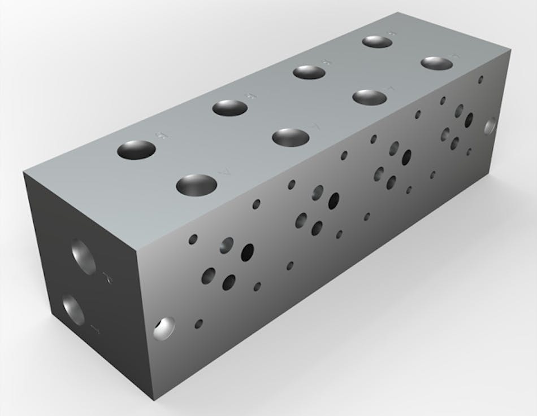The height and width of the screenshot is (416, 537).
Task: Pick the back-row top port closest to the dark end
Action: (x=137, y=151)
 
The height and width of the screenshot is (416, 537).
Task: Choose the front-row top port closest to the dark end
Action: (x=197, y=185)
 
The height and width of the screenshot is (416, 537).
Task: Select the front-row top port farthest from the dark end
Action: (x=437, y=63)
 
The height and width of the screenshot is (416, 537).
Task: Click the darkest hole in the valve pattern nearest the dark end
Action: (x=248, y=252)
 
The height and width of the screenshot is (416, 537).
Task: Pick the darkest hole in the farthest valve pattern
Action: (x=469, y=120)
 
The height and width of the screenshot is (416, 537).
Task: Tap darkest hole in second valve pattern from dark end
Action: (x=334, y=200)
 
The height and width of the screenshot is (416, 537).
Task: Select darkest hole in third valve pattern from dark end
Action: (x=406, y=157)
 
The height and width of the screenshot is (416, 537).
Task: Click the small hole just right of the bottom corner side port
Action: (x=198, y=324)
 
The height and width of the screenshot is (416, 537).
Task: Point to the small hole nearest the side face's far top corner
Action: (x=480, y=80)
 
